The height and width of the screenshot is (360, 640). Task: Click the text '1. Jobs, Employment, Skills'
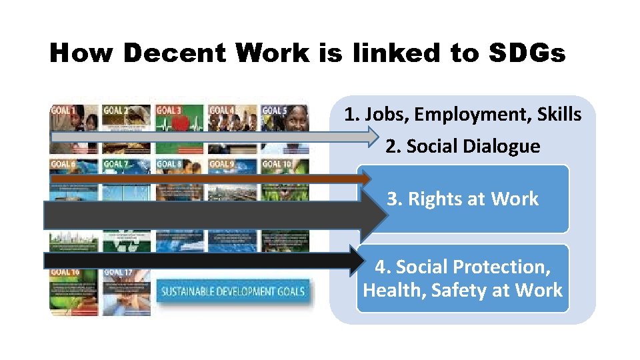[463, 115]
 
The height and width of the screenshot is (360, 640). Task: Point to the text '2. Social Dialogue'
[463, 146]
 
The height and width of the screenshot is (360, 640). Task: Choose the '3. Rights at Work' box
[463, 199]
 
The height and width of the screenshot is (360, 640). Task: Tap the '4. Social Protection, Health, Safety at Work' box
[463, 278]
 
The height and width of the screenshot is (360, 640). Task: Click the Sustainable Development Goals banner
[233, 291]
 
